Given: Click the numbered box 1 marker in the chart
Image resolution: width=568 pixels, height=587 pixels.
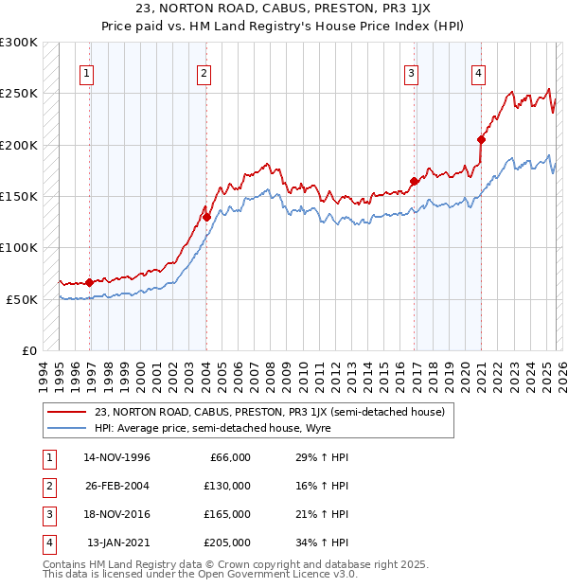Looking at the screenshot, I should click(x=86, y=73).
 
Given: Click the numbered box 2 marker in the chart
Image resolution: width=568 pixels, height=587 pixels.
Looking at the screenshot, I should click(x=204, y=73).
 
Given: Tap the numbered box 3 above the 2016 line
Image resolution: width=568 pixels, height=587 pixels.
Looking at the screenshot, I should click(x=412, y=73).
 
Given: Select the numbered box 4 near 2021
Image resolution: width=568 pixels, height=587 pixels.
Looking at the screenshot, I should click(x=479, y=73).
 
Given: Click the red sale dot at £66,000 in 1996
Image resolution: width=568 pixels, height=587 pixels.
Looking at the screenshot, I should click(x=90, y=282).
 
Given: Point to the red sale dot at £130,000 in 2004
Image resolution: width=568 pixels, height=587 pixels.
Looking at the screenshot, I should click(x=206, y=217).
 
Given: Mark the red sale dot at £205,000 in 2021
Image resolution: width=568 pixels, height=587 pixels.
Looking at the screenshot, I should click(x=482, y=139).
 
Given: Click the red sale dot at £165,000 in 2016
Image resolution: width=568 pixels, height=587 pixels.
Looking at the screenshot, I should click(x=414, y=181).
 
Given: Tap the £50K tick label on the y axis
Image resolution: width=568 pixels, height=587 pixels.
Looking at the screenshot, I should click(x=22, y=299).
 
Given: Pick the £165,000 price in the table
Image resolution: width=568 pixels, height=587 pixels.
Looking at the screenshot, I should click(x=228, y=514).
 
